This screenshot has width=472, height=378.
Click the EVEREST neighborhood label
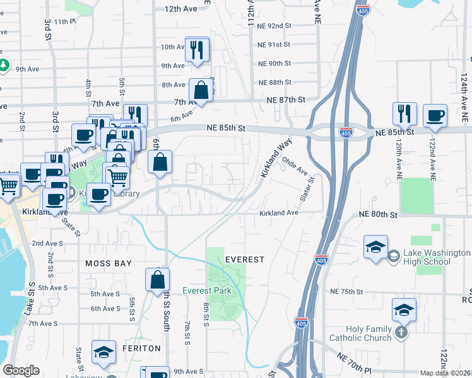244,260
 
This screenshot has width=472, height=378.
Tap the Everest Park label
206,290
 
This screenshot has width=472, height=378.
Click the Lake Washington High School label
438,257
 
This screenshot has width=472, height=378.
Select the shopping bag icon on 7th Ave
201,89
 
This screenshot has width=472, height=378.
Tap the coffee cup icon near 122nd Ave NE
435,117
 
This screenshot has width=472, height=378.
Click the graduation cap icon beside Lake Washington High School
375,247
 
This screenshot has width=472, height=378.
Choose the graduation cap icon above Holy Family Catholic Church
404,310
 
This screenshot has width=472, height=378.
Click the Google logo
21,370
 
